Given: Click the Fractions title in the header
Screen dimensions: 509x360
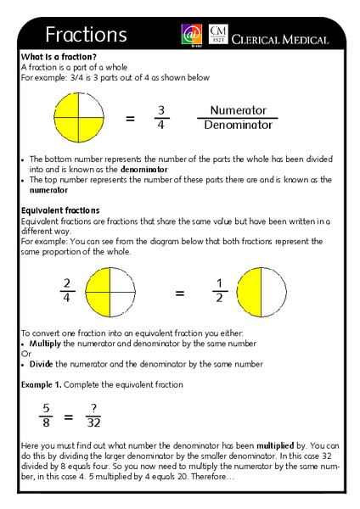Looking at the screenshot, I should point(86,35).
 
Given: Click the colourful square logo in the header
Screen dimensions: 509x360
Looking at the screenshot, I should point(191,35).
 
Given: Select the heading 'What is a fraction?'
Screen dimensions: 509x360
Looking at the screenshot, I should point(53,57).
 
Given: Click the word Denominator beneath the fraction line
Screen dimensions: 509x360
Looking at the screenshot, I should point(238,126).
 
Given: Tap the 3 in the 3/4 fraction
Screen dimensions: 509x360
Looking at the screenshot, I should point(161,109).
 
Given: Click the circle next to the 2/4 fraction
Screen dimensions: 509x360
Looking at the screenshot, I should point(110,293).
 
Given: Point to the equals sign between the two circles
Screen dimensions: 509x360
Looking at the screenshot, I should point(180,294).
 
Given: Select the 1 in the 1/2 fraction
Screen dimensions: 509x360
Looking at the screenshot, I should point(218,283).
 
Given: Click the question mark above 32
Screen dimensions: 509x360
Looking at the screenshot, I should point(94,408).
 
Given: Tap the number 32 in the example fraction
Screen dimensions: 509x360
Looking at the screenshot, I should point(94,424).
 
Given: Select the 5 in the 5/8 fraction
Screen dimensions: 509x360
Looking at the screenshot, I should point(47,408).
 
